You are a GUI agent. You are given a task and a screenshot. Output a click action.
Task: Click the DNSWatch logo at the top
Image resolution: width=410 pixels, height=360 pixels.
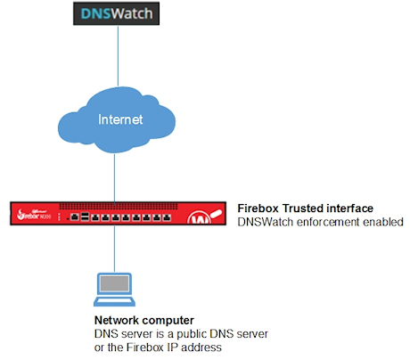click(x=115, y=15)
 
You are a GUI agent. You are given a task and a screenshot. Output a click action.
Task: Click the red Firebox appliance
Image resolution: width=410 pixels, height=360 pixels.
click(x=116, y=215)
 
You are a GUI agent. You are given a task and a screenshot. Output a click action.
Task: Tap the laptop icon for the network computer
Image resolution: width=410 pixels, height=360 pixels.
click(x=116, y=288)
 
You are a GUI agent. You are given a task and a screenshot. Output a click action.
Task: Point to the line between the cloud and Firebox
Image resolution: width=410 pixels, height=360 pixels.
click(x=115, y=178)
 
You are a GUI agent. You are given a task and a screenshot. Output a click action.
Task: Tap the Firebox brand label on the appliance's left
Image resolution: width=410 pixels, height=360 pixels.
click(x=32, y=216)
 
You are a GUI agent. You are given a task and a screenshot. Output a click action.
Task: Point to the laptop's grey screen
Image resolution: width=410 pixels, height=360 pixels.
click(x=116, y=284)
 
